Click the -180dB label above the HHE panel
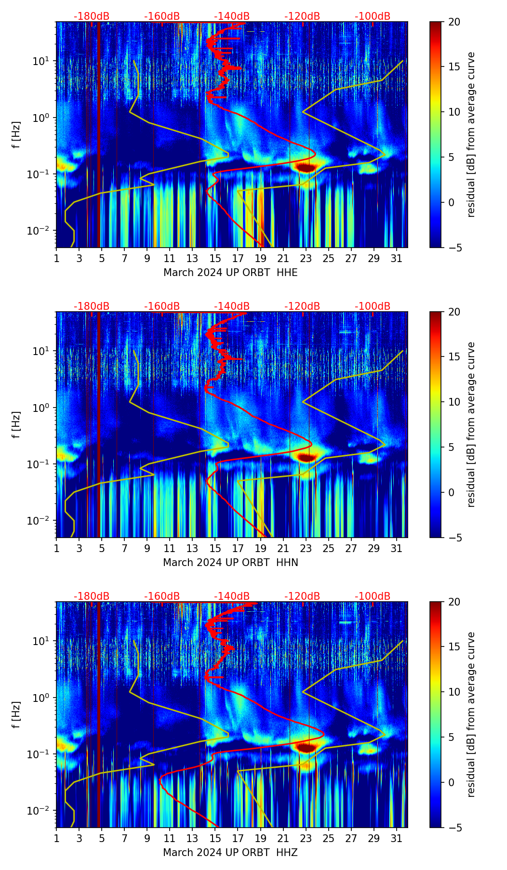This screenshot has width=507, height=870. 92,16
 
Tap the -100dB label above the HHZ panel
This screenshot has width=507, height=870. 373,596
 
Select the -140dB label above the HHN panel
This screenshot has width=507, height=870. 232,306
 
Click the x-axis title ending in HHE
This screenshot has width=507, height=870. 230,273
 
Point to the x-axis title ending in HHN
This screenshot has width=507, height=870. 230,563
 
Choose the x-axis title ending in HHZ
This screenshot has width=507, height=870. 230,853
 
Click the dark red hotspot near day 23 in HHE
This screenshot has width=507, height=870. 306,168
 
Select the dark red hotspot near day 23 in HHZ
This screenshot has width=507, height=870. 306,748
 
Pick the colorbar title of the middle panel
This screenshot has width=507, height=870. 471,424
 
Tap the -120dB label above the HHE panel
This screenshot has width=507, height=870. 302,16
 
